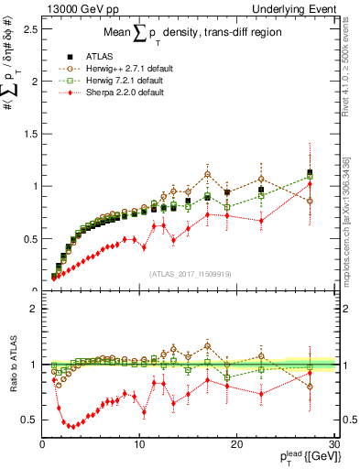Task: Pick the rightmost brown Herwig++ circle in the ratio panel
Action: point(310,386)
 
